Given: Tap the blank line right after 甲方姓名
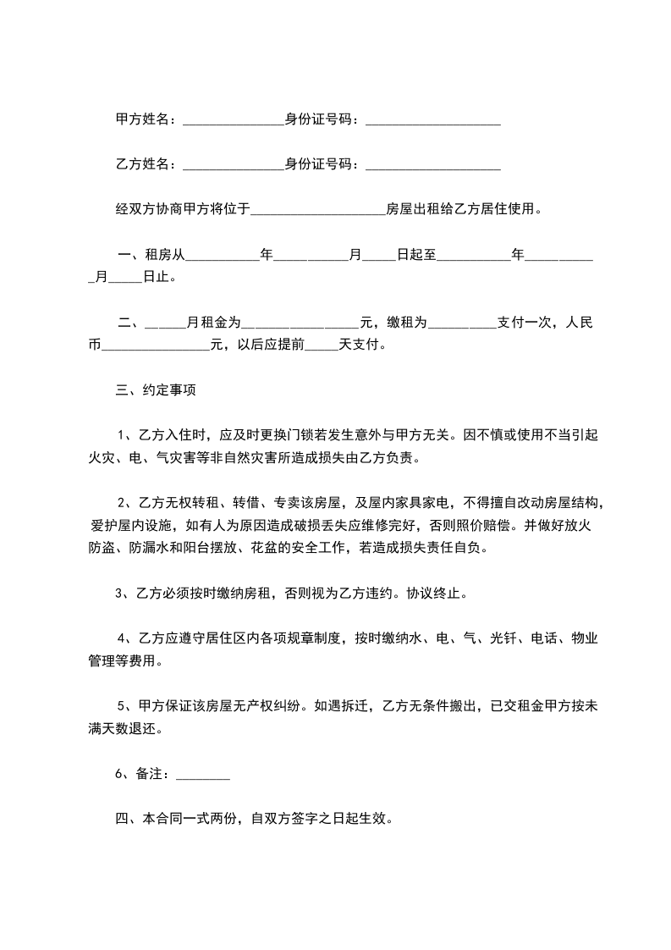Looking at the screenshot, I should point(233,123).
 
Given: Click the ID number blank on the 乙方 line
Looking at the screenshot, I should point(432,167).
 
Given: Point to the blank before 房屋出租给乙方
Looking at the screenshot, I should point(318,211).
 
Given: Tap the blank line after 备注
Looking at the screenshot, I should point(202,776).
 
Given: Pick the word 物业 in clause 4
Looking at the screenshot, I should point(586,638).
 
